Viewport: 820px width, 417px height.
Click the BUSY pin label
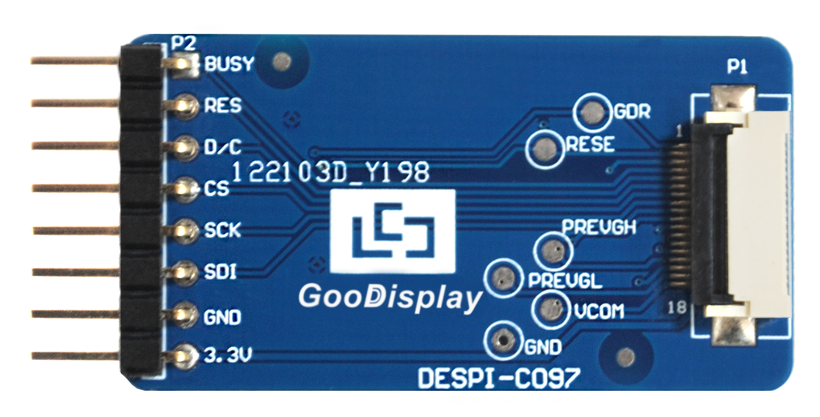[x=229, y=63]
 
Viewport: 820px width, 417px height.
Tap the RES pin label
[x=223, y=105]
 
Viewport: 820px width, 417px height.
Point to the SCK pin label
[x=222, y=230]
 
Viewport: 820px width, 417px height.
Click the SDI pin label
[x=220, y=272]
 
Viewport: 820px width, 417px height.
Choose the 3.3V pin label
[x=228, y=356]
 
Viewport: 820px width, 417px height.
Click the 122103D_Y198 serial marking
[x=331, y=172]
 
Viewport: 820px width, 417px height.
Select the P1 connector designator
[x=737, y=68]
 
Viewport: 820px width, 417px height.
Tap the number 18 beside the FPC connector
[x=676, y=307]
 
